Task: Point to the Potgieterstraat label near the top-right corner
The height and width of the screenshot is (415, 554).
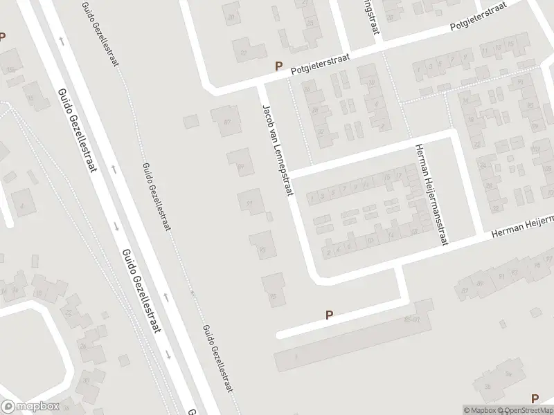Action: tap(478, 20)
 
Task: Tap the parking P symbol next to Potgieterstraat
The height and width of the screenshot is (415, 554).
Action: tap(279, 66)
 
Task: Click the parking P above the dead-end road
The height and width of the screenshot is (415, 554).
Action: tap(330, 315)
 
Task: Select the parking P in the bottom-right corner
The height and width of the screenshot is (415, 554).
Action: tap(534, 398)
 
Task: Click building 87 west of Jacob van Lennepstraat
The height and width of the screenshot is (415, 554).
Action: tap(223, 120)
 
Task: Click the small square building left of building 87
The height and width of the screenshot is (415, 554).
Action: tap(191, 122)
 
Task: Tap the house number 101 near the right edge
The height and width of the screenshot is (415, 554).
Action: tap(535, 149)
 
